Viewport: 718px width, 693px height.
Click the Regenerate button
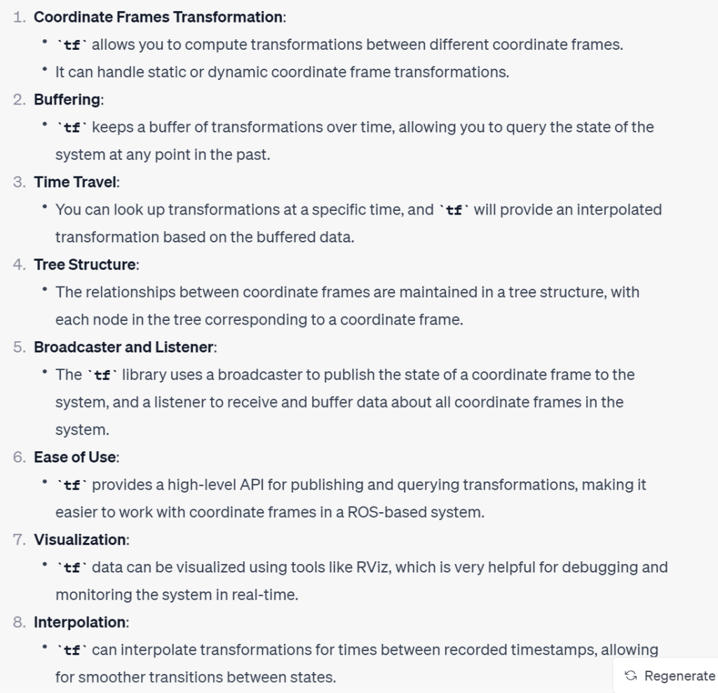pyautogui.click(x=670, y=675)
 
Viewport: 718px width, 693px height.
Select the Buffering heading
pyautogui.click(x=67, y=100)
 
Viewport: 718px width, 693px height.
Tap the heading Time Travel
pyautogui.click(x=76, y=182)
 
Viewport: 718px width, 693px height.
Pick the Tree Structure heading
pyautogui.click(x=85, y=264)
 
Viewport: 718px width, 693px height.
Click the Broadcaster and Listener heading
pyautogui.click(x=124, y=347)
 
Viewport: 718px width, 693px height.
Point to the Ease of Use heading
pyautogui.click(x=75, y=457)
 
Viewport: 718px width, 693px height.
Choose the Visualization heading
pyautogui.click(x=79, y=540)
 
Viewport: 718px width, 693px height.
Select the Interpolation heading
pyautogui.click(x=80, y=622)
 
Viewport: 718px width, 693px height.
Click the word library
pyautogui.click(x=146, y=374)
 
